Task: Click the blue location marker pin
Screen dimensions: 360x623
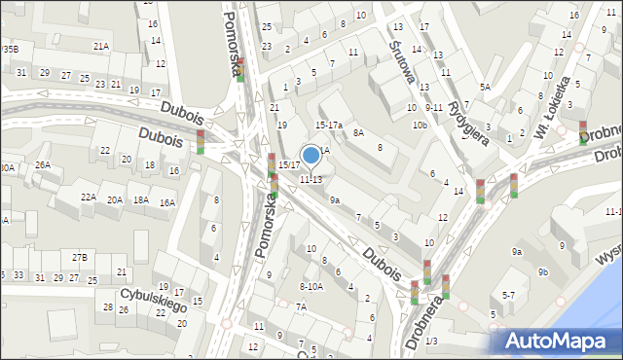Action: [x=311, y=155]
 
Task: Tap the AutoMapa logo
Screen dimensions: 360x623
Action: [x=557, y=341]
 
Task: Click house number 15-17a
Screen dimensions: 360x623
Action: [x=329, y=126]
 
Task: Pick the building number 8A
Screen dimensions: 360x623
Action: [x=358, y=132]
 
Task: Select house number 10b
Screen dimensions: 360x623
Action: [x=420, y=126]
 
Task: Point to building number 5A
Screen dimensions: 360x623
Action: [x=484, y=88]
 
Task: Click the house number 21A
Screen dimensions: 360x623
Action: [x=100, y=46]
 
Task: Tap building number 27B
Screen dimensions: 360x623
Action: [x=79, y=257]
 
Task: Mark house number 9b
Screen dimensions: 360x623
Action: [x=543, y=271]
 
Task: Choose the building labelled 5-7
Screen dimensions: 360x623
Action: [x=508, y=294]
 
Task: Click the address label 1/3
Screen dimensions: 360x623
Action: [x=431, y=341]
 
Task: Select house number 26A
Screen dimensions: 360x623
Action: [x=43, y=165]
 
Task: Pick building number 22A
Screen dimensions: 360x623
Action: [x=88, y=198]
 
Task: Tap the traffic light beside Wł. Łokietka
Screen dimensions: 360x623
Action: [x=582, y=132]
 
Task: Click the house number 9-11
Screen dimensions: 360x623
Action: [x=434, y=107]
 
